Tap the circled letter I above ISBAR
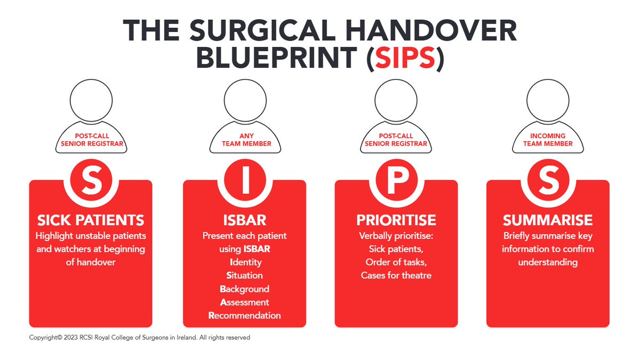point(245,182)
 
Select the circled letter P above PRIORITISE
point(396,182)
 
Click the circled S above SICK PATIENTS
point(91,182)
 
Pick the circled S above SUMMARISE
point(548,182)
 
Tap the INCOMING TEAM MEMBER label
point(548,140)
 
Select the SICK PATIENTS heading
point(91,220)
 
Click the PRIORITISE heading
point(396,220)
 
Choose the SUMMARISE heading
point(548,220)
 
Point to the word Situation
point(245,275)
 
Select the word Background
point(245,289)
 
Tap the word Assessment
point(245,302)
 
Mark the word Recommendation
point(245,315)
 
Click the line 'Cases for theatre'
point(396,275)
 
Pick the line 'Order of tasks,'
point(396,262)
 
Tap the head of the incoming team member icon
point(548,100)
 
